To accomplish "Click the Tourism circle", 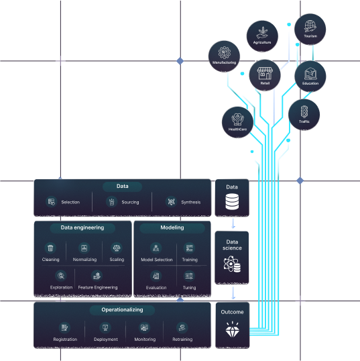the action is [310, 30].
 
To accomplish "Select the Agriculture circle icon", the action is [262, 36].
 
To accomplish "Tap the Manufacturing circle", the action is [225, 56].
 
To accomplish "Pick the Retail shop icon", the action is [265, 73].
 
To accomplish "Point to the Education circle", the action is [310, 76].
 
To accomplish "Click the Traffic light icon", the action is [304, 111].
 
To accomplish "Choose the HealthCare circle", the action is [237, 122].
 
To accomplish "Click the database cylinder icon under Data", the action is [232, 202].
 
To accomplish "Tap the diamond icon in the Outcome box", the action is [233, 329].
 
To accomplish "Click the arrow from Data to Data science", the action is [233, 223].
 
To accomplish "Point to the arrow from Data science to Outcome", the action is [233, 293].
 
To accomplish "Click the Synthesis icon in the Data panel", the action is [171, 202].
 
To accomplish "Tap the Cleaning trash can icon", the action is [50, 248].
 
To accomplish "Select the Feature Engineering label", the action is [98, 287].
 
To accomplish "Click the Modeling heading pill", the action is [172, 228].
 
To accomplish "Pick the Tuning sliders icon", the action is [189, 276].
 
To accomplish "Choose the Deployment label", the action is [106, 340].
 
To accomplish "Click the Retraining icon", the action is [182, 327].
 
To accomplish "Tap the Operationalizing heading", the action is [122, 310].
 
